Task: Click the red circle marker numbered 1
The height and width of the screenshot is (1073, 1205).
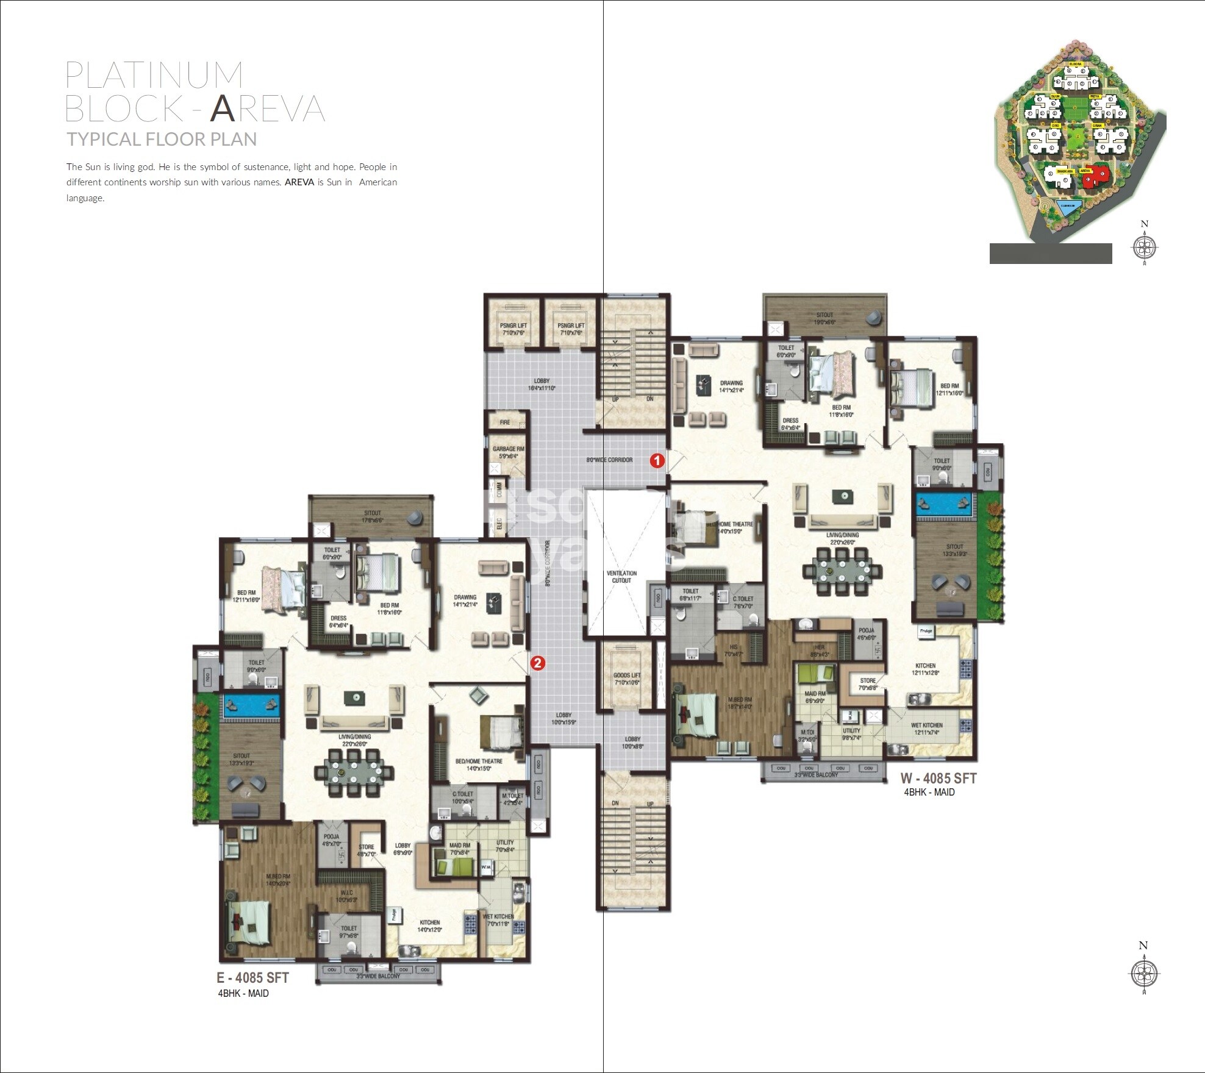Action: point(657,460)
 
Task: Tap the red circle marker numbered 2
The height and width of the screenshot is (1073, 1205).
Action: point(537,662)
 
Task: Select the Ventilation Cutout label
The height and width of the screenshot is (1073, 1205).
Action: point(621,577)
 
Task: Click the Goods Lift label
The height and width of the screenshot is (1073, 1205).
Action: point(627,679)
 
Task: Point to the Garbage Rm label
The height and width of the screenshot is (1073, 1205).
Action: point(508,452)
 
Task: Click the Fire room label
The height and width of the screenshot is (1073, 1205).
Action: point(505,422)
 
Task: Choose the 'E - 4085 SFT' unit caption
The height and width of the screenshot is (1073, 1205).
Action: point(252,977)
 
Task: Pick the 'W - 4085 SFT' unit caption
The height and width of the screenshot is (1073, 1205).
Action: point(939,778)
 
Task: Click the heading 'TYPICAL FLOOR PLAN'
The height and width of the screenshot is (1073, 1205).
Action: point(162,140)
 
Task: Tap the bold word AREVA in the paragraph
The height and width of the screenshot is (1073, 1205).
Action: point(299,182)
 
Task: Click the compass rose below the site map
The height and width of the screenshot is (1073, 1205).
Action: point(1144,246)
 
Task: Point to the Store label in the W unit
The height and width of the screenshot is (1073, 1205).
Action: point(868,683)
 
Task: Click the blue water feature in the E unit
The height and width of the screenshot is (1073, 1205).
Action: point(251,705)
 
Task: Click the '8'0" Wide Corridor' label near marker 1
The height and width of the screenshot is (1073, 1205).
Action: point(609,460)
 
